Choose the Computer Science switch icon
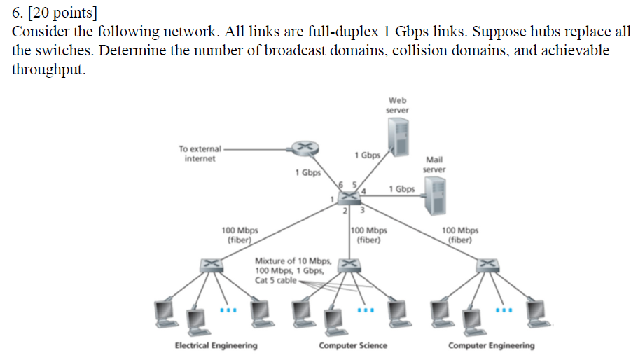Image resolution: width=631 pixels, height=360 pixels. point(350,264)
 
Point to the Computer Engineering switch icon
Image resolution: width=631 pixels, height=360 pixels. point(487,264)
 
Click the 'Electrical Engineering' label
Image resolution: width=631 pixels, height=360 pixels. point(216,345)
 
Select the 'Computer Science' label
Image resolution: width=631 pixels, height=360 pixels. point(353,345)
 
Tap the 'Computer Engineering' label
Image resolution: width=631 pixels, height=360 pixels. point(491,345)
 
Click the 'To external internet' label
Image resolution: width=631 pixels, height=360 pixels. point(200,153)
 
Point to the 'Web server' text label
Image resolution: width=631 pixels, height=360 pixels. point(398,105)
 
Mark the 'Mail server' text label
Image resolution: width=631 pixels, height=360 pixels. point(434,165)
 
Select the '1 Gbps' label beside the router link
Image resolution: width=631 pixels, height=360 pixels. point(308,172)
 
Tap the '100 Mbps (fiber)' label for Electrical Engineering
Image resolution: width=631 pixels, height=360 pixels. point(240,235)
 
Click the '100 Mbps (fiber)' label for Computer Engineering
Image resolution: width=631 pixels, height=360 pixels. point(460,235)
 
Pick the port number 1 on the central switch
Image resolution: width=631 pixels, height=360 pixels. point(332,200)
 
